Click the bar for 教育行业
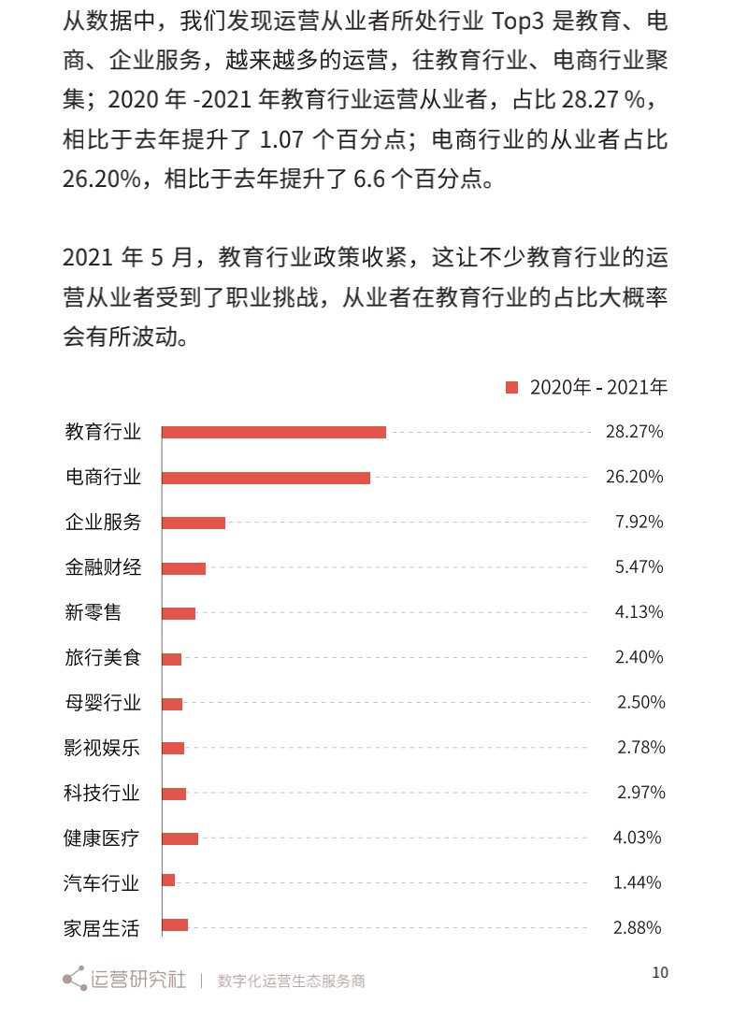pos(273,432)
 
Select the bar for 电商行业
pos(266,478)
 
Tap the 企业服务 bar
pos(194,523)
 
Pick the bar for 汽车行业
pos(168,881)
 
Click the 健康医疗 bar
pos(180,838)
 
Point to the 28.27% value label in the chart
pos(634,432)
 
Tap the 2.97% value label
pos(640,793)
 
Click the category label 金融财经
pos(103,567)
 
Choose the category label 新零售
pos(93,612)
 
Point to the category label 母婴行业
pos(103,703)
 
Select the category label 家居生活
pos(102,928)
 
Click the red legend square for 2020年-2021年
pos(511,387)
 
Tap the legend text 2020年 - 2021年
pos(598,387)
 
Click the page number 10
pos(660,972)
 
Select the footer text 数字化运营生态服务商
pos(291,981)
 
